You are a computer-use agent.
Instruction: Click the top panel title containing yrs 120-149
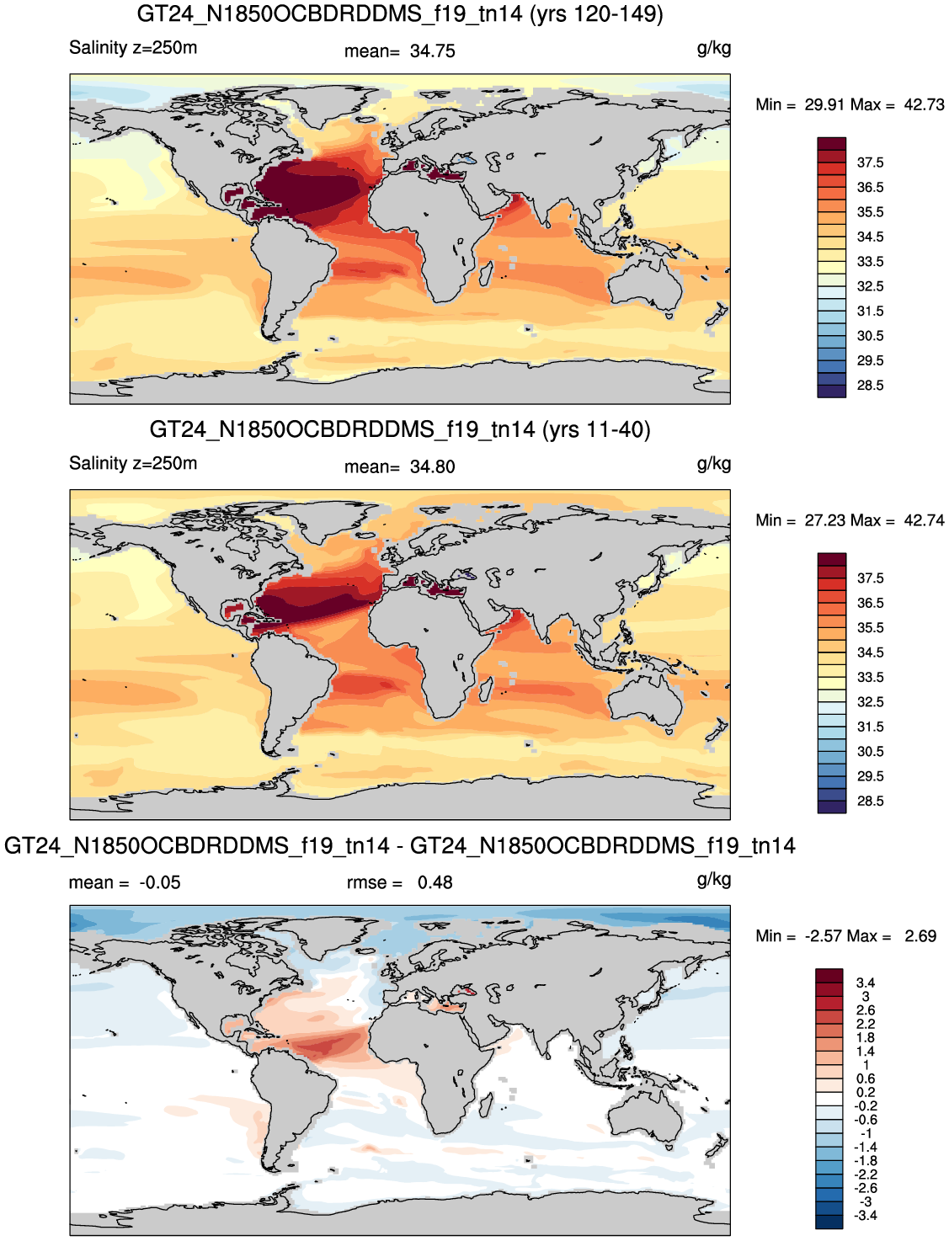[x=400, y=13]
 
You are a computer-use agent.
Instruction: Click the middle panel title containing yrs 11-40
[x=400, y=429]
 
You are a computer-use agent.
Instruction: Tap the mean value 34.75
[x=432, y=51]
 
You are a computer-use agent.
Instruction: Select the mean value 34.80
[x=432, y=466]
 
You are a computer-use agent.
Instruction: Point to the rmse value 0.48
[x=435, y=882]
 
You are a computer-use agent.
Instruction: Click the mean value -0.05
[x=160, y=882]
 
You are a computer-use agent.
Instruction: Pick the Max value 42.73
[x=924, y=104]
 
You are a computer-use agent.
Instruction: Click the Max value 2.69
[x=920, y=935]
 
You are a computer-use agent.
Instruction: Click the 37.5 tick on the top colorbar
[x=870, y=162]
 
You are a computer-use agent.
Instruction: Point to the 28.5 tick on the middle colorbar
[x=870, y=801]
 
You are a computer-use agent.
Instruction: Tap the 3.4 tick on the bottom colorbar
[x=866, y=983]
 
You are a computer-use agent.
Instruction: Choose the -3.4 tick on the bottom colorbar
[x=866, y=1216]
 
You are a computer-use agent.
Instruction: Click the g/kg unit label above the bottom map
[x=714, y=881]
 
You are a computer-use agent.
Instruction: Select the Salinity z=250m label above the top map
[x=133, y=47]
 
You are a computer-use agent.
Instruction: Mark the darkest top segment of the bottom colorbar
[x=829, y=975]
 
